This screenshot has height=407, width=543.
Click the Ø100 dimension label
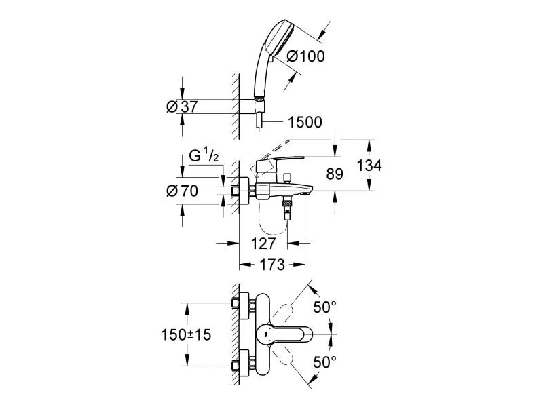click(306, 58)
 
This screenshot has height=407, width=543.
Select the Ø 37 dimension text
click(181, 106)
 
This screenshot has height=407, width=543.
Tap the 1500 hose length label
click(305, 122)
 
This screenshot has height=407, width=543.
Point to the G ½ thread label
click(203, 156)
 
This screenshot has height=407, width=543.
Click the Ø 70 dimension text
click(181, 191)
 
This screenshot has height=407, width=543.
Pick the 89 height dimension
click(334, 174)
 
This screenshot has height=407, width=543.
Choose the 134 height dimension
click(369, 166)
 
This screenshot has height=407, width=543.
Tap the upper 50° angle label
click(324, 307)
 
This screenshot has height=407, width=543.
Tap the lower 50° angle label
click(324, 362)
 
